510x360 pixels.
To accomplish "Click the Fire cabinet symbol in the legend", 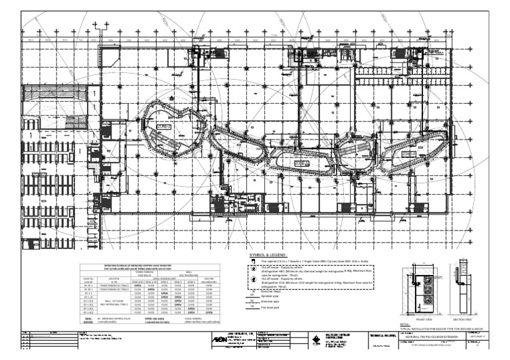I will pyautogui.click(x=252, y=262).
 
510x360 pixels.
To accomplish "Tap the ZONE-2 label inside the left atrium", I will pyautogui.click(x=165, y=126).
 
